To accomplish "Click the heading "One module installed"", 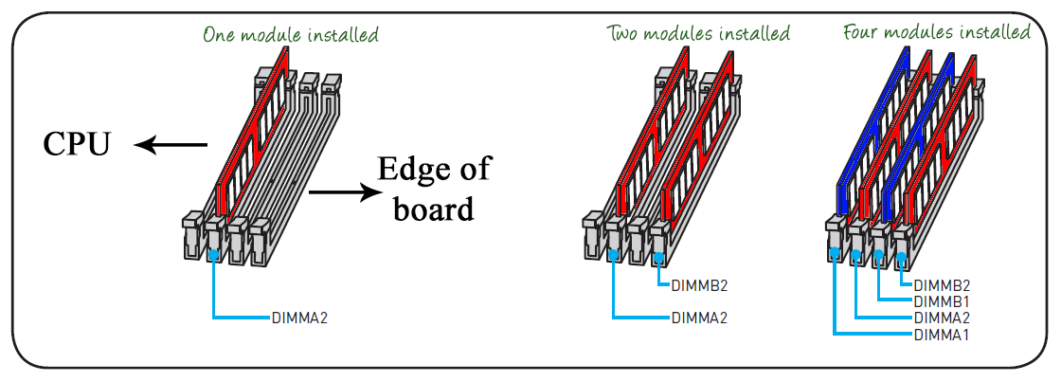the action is (290, 34).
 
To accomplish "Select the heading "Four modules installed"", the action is (937, 32).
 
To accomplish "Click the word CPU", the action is (77, 144).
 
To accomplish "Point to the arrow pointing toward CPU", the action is (171, 144).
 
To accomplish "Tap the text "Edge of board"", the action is (434, 189).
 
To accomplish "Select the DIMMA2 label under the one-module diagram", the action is (299, 317).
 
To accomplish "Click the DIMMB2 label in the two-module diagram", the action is (700, 285).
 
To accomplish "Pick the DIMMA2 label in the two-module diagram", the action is (700, 317).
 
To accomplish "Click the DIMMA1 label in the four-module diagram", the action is (942, 334).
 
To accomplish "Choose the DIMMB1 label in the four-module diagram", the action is (942, 301).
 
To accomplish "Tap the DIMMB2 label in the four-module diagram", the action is (942, 285).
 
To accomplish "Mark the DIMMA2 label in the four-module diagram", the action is (942, 318).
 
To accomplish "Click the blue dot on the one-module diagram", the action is (213, 255).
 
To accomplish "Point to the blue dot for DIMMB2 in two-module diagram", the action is (658, 255).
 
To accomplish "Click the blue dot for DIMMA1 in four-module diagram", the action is (835, 251).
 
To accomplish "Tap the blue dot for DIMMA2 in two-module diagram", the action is (613, 255).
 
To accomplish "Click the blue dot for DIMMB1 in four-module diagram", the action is (878, 254).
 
